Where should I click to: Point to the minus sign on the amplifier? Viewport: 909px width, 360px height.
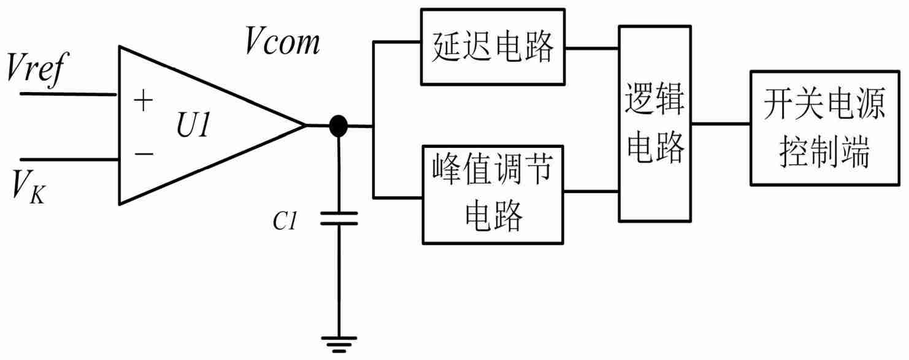(x=143, y=153)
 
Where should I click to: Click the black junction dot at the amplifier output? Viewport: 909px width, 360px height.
(x=338, y=126)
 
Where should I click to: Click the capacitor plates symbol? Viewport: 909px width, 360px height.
(x=338, y=219)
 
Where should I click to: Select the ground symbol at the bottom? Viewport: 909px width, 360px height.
(x=338, y=345)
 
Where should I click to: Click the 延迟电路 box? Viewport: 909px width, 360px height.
(x=493, y=47)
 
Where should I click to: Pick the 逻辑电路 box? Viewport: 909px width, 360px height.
(x=655, y=123)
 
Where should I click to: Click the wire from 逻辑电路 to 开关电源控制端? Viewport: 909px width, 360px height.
(x=721, y=123)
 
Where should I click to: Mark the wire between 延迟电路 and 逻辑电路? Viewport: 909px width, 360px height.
(x=591, y=47)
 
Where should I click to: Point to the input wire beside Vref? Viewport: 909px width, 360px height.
(x=67, y=94)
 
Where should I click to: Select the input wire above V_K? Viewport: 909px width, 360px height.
(x=67, y=159)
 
